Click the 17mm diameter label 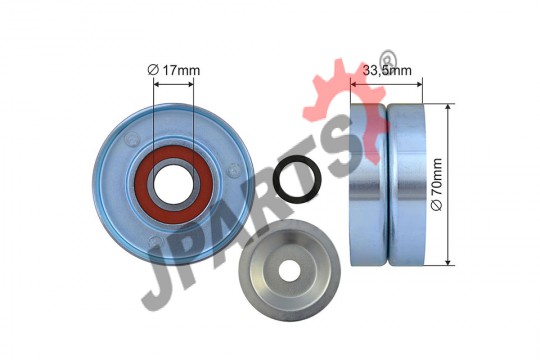[x=174, y=70]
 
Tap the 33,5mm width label [x=387, y=70]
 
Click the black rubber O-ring [x=297, y=179]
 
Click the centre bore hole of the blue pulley [x=174, y=185]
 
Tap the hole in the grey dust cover [x=289, y=270]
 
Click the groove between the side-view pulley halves [x=387, y=184]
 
